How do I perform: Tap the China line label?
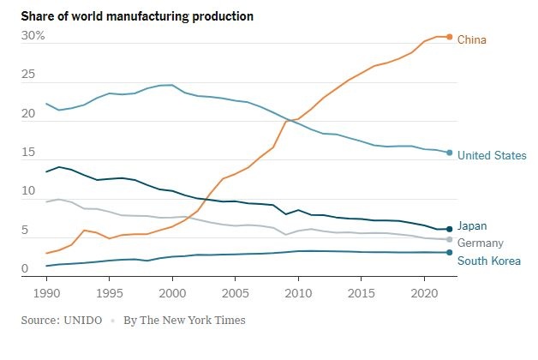point(472,39)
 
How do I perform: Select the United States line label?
point(492,155)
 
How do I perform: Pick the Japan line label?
point(472,226)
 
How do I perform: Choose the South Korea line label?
point(488,261)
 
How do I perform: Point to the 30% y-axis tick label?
point(33,36)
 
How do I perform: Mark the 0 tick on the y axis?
point(25,269)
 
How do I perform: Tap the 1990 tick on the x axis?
point(46,292)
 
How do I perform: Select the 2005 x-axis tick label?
point(236,292)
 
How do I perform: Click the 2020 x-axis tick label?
point(424,292)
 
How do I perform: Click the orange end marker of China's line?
point(450,37)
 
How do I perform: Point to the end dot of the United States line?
point(450,153)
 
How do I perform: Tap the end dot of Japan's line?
point(450,229)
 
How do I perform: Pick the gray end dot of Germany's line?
point(450,239)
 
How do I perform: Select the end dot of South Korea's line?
point(450,252)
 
